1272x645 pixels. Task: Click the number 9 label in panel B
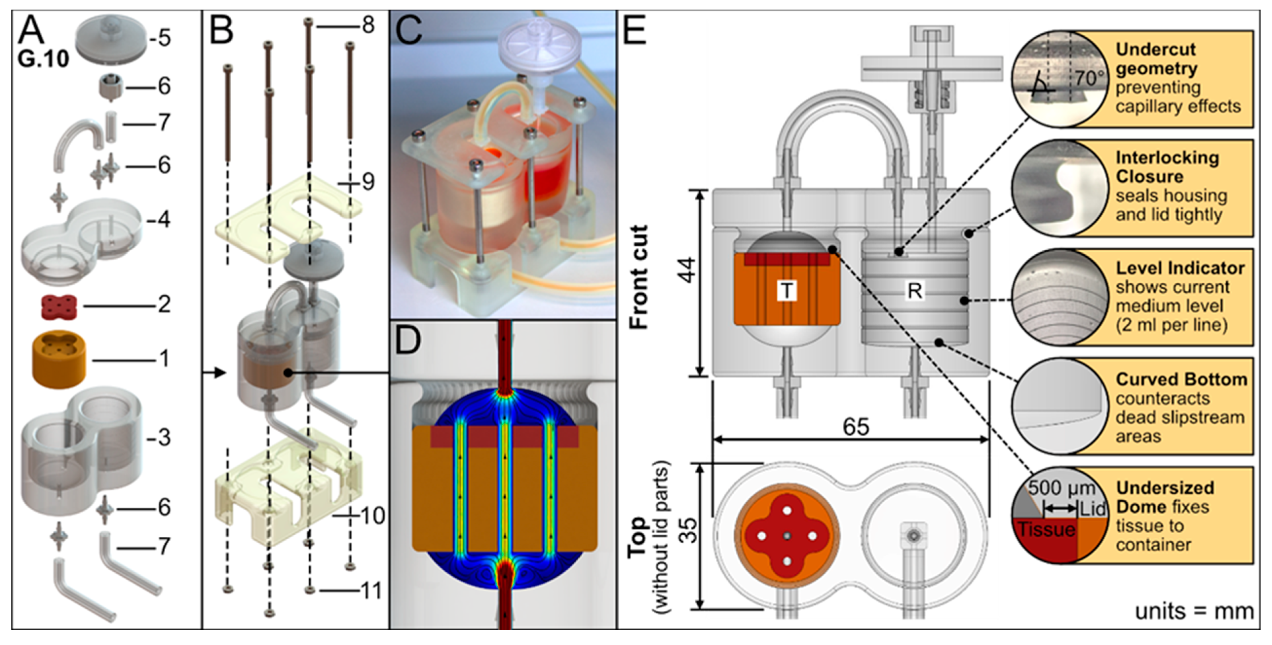[368, 182]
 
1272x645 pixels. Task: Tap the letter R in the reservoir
[914, 291]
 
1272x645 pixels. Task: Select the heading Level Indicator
[1180, 268]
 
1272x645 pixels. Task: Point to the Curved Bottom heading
[1181, 379]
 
